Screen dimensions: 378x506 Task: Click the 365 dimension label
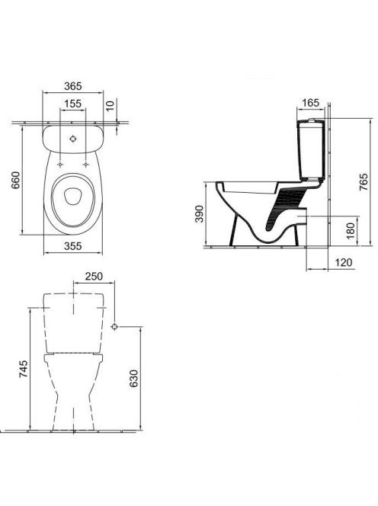coord(73,86)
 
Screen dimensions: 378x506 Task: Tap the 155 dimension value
coord(72,104)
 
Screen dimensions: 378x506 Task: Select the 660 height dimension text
coord(16,180)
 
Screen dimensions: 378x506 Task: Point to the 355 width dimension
coord(73,246)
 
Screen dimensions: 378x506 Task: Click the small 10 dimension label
coord(111,105)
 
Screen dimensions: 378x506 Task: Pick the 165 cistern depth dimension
coord(310,103)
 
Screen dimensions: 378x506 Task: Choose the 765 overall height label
coord(364,182)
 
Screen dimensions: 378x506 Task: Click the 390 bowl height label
coord(200,213)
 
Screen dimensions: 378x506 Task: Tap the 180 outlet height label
coord(351,229)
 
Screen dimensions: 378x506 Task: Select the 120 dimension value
coord(344,262)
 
